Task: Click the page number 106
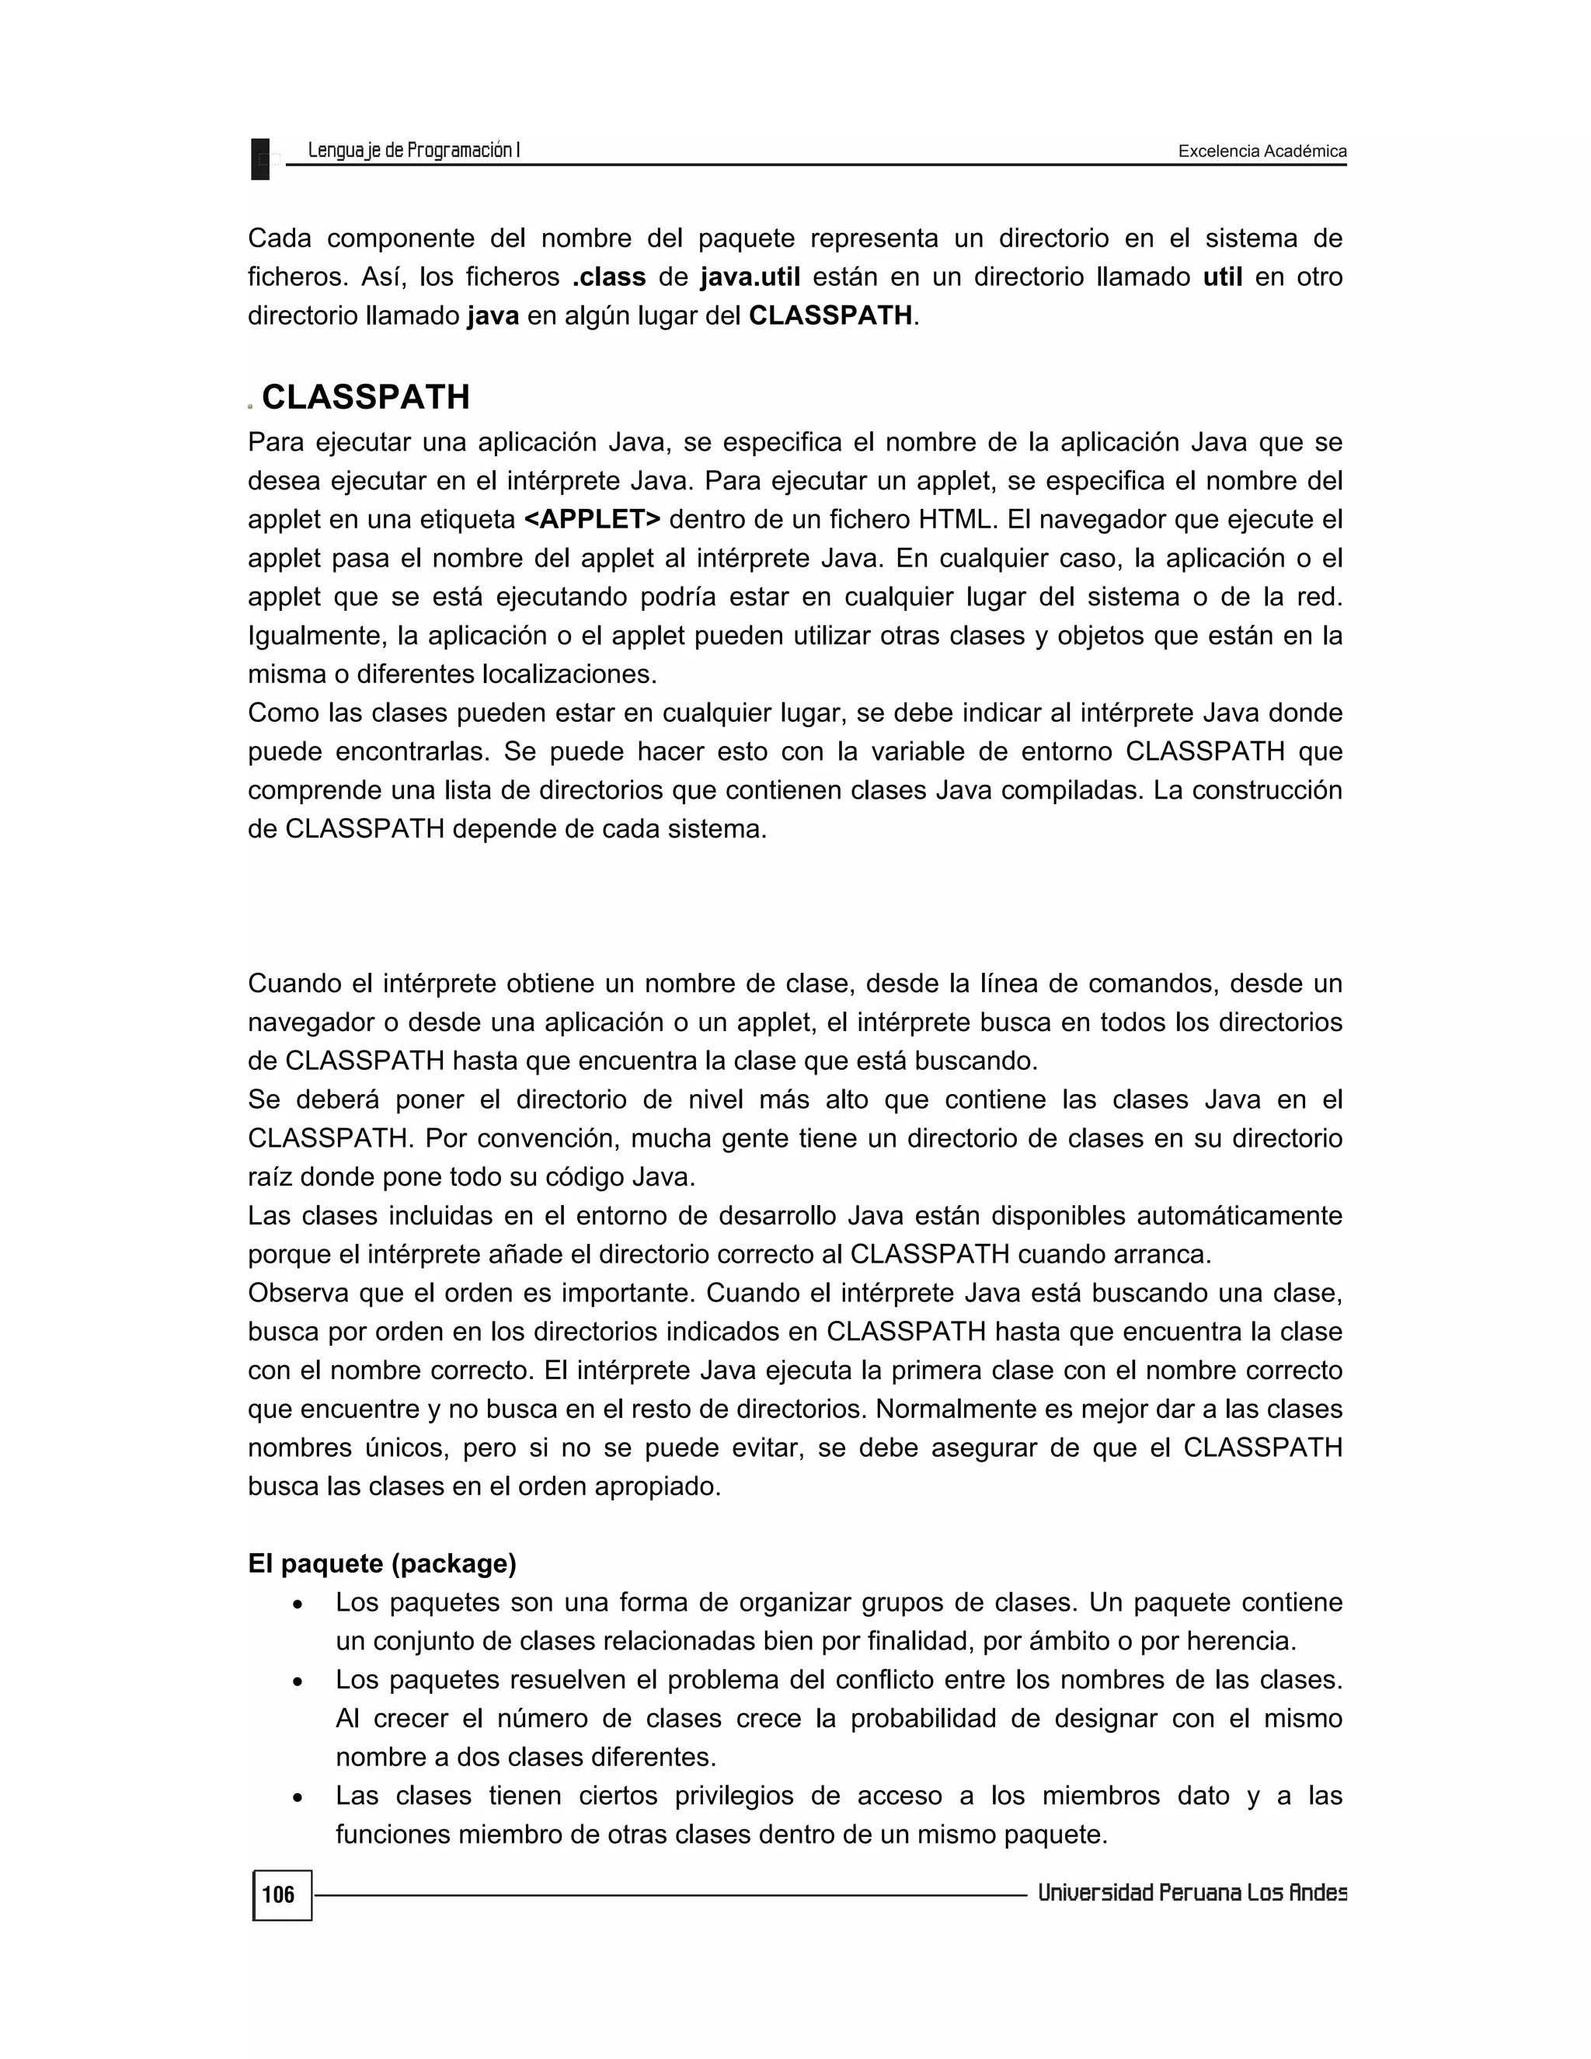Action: tap(278, 1895)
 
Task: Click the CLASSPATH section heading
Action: tap(365, 397)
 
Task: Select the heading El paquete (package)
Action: tap(381, 1563)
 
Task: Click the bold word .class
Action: tap(609, 277)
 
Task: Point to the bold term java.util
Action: tap(750, 277)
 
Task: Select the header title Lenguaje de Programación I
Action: tap(414, 150)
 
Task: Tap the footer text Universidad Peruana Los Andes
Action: tap(1192, 1893)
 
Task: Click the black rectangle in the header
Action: tap(260, 159)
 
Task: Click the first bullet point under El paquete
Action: tap(298, 1604)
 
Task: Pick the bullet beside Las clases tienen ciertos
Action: tap(298, 1798)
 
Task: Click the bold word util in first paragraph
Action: tap(1223, 277)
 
